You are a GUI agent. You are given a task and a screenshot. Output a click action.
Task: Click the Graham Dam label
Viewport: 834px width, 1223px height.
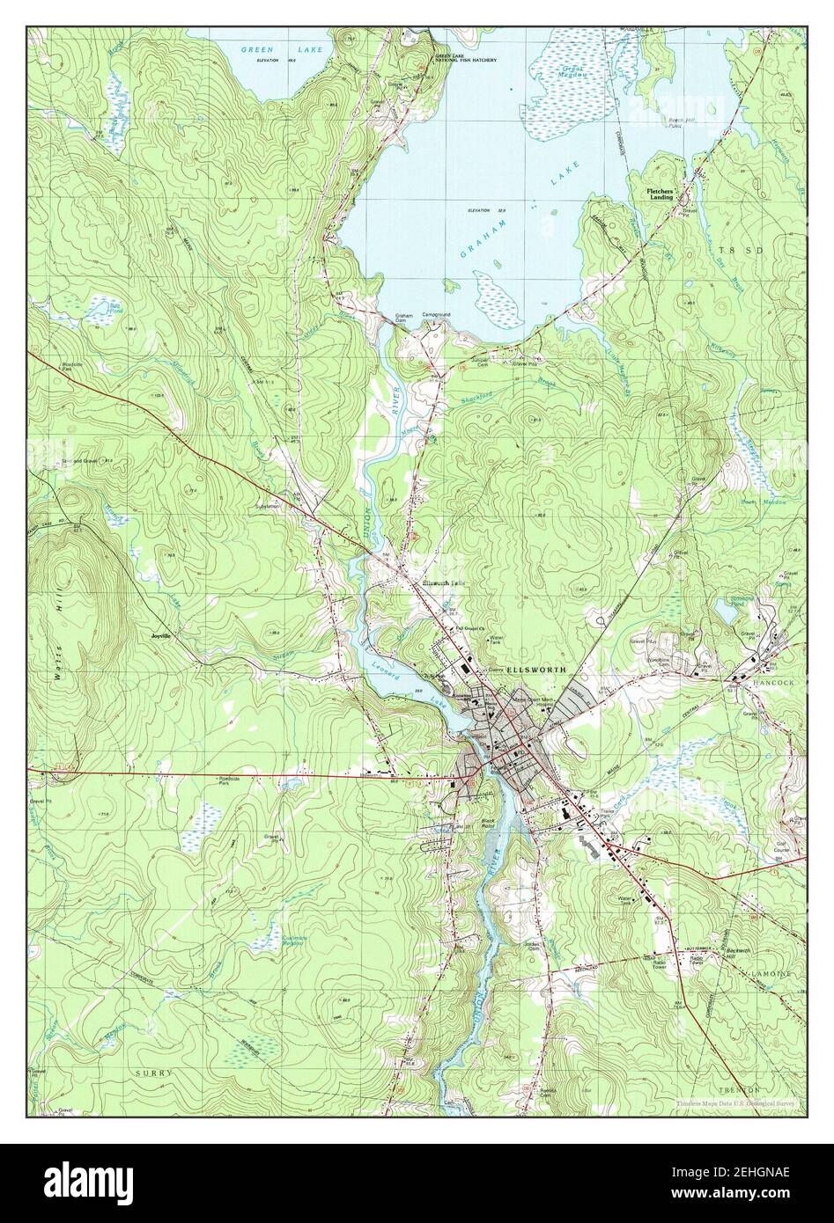(x=404, y=318)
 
